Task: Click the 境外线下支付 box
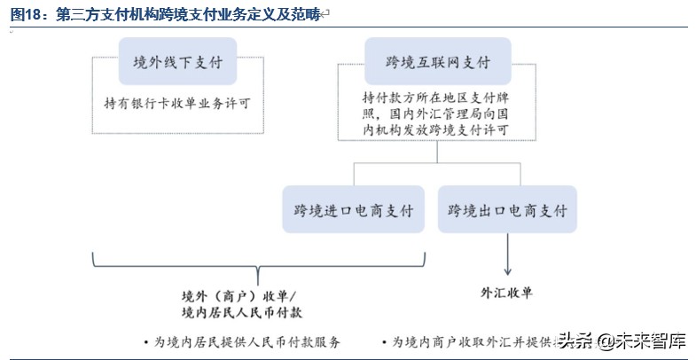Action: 177,63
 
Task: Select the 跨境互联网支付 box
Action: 438,63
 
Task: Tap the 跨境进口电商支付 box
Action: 354,211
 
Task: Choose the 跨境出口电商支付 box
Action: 507,211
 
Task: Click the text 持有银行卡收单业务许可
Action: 177,103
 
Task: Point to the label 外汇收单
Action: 507,291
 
